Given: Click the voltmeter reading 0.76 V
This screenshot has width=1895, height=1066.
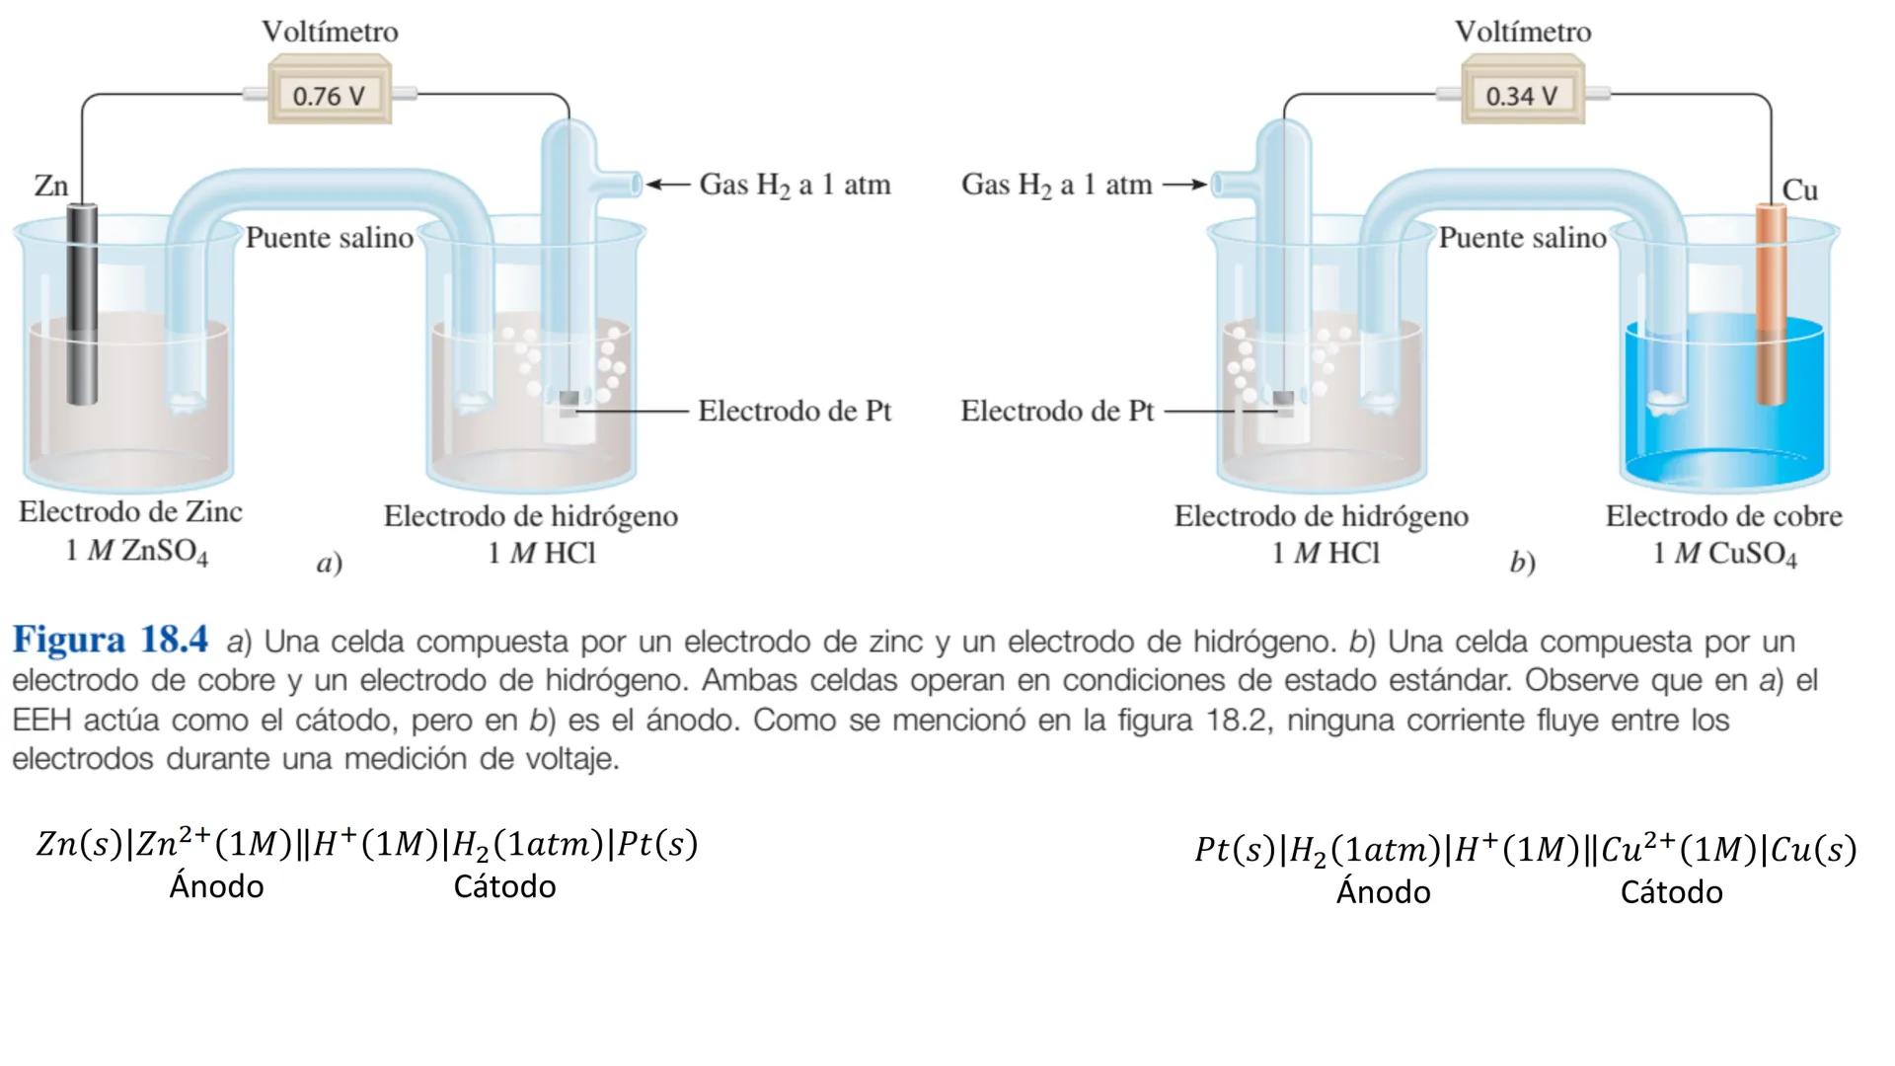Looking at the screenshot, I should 330,95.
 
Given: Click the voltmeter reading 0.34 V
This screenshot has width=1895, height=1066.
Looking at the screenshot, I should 1521,95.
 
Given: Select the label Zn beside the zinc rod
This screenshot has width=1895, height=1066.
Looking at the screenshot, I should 51,185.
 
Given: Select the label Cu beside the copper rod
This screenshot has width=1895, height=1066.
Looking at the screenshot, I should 1799,190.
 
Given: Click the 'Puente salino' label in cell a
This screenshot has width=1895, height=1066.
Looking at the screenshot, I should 329,238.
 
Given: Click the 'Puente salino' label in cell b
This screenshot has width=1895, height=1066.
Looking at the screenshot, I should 1522,238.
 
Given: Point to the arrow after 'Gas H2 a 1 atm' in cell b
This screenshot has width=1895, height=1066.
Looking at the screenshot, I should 1184,185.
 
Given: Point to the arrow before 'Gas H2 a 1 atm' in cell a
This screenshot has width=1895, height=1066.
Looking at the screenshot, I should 668,185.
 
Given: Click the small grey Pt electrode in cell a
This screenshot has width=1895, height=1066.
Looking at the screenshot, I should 569,399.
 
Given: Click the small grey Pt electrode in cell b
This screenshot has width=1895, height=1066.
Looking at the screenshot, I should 1283,399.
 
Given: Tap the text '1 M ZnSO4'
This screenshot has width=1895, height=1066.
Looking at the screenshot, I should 136,551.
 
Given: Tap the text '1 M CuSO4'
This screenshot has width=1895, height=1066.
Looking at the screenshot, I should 1724,554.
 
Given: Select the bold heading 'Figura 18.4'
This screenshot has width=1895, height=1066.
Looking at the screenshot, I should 111,641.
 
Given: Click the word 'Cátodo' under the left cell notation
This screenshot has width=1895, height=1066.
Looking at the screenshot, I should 504,886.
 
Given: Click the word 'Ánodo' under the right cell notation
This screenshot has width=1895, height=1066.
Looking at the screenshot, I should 1383,892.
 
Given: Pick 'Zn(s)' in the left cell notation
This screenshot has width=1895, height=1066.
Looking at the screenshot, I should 79,844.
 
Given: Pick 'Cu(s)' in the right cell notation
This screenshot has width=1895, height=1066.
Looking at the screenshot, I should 1813,850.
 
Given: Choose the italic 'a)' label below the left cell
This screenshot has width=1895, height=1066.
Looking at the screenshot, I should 329,563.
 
